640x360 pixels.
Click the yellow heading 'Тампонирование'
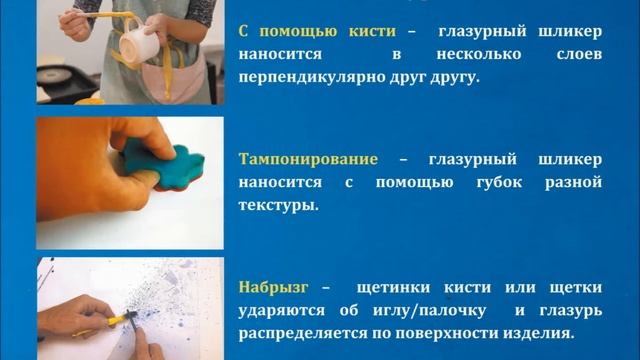pyautogui.click(x=307, y=159)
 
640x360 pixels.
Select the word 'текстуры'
pyautogui.click(x=277, y=204)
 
